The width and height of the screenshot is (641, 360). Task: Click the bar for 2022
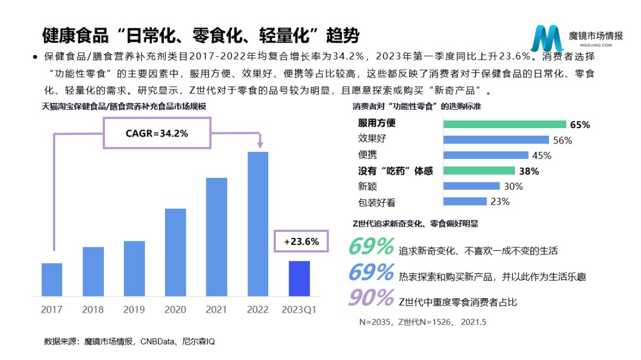click(x=258, y=224)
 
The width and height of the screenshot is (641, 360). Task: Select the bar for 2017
click(x=52, y=279)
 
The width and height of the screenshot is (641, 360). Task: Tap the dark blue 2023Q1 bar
click(x=299, y=278)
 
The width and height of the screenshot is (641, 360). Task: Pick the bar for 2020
click(x=175, y=252)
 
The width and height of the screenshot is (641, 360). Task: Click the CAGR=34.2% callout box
click(x=157, y=133)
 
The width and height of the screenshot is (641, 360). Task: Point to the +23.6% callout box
click(x=302, y=242)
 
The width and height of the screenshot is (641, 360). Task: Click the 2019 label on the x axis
click(x=134, y=310)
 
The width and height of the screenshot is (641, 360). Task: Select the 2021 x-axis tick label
click(x=217, y=310)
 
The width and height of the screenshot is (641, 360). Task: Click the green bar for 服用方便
click(x=504, y=124)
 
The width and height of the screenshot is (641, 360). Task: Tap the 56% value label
click(x=562, y=141)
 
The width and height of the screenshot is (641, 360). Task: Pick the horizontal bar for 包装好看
click(x=465, y=202)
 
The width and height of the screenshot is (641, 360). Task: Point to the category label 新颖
click(x=367, y=186)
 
